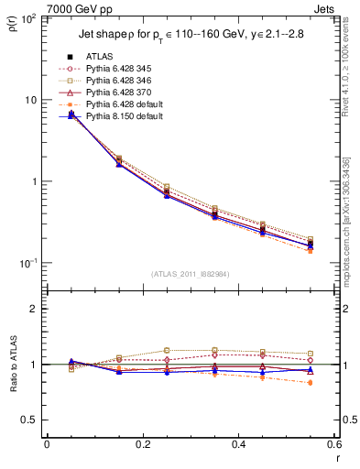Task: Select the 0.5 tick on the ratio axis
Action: [x=31, y=420]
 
